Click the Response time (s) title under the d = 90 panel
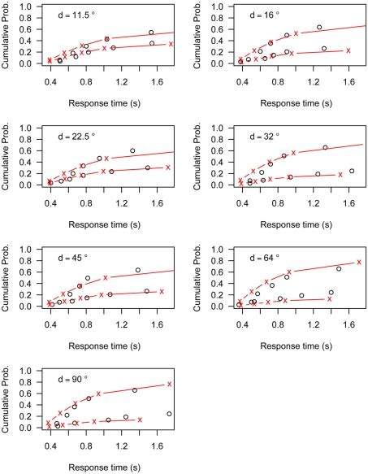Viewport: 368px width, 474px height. click(112, 464)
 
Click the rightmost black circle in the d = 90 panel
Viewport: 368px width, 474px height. click(168, 414)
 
